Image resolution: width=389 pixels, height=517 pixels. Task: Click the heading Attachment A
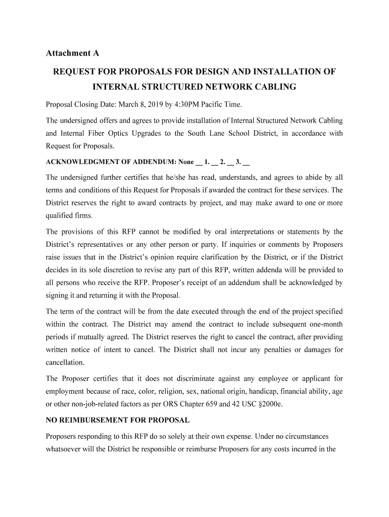click(x=72, y=53)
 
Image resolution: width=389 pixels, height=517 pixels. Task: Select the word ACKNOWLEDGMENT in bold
click(x=80, y=163)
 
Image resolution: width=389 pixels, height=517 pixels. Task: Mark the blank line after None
click(x=199, y=164)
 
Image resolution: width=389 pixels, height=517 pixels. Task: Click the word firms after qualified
click(x=84, y=216)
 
